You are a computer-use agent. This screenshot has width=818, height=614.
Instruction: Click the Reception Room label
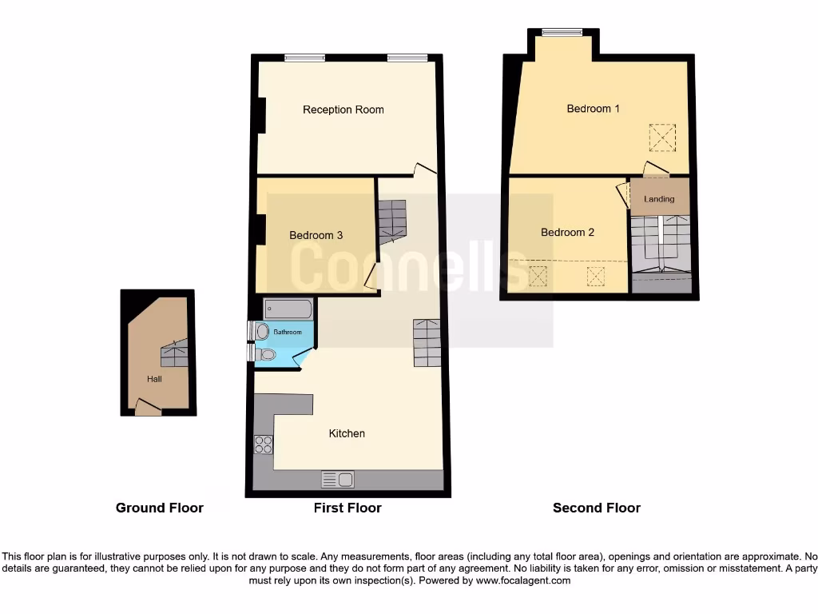pos(343,110)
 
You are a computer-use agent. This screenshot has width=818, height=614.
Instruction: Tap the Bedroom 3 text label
pos(316,235)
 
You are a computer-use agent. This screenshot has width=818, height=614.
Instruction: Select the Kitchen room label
pos(347,433)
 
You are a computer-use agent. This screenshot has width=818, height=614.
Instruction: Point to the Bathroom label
pos(288,332)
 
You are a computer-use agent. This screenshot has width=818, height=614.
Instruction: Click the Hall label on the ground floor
pos(154,379)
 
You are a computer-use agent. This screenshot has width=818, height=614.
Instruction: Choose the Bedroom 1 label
pos(593,109)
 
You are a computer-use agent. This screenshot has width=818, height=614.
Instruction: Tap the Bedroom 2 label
pos(567,233)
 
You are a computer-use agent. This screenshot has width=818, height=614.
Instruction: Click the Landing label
pos(659,199)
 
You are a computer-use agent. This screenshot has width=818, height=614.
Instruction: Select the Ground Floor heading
pos(159,508)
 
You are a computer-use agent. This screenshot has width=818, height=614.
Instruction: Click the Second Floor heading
pos(596,508)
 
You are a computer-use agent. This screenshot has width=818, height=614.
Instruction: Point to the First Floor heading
pos(347,508)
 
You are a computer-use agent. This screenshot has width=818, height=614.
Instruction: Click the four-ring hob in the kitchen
pos(263,445)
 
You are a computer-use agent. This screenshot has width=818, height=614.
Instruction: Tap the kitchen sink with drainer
pos(337,480)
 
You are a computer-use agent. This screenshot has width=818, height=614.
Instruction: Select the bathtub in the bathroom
pos(288,309)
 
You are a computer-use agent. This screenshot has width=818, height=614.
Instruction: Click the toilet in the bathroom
pos(264,354)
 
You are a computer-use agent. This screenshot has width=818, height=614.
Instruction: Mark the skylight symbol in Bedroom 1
pos(661,138)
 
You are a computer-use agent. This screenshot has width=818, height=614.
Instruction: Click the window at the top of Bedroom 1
pos(562,33)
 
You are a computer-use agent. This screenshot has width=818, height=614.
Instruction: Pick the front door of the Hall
pos(147,408)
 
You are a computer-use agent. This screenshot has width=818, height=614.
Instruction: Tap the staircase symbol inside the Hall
pos(176,353)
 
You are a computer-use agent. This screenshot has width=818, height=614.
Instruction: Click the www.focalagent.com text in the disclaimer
pos(522,580)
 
